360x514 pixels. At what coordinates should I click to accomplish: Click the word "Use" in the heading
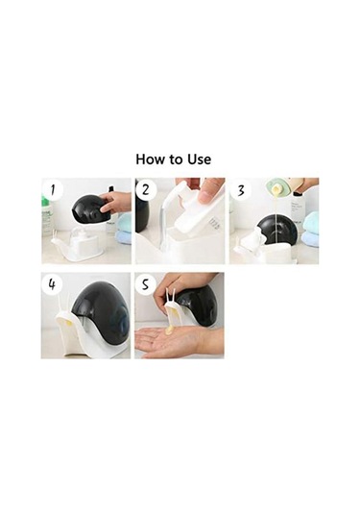199,159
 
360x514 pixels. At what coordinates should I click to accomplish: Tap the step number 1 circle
53,190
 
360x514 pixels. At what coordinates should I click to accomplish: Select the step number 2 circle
146,190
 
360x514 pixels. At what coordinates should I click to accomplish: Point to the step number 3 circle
241,190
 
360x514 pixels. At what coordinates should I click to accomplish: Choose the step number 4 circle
53,283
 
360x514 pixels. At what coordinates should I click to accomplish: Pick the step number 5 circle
145,283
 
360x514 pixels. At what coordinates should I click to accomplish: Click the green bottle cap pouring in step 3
277,186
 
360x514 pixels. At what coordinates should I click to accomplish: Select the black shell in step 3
277,231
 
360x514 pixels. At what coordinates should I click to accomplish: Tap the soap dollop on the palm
169,330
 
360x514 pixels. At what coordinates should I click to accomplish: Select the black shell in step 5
197,304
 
